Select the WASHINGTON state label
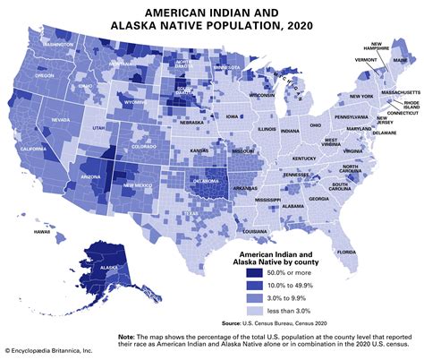click(x=55, y=44)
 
